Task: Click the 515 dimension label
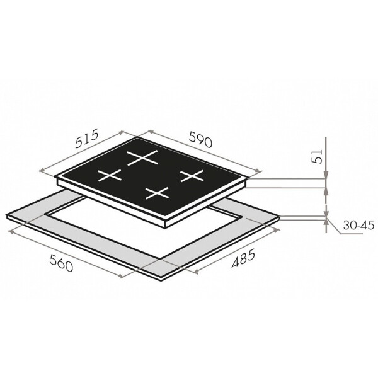(x=87, y=139)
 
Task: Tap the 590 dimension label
(x=200, y=139)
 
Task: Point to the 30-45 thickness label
(x=358, y=225)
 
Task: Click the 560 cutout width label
(x=61, y=263)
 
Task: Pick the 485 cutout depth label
(x=243, y=259)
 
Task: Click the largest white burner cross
(x=142, y=158)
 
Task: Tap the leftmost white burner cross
(x=110, y=175)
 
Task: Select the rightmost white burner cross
(x=192, y=176)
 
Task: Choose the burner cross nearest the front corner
(x=157, y=193)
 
